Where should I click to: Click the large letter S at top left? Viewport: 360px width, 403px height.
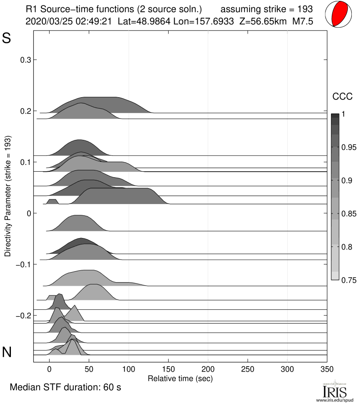[x=7, y=38]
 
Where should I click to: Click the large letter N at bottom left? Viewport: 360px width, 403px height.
[x=7, y=352]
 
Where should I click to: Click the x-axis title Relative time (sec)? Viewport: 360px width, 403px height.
[x=180, y=378]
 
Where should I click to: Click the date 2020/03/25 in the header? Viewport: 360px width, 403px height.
[x=46, y=21]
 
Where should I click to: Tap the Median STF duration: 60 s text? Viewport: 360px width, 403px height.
[x=65, y=388]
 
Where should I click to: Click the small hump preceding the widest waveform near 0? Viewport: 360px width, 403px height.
[x=52, y=201]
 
